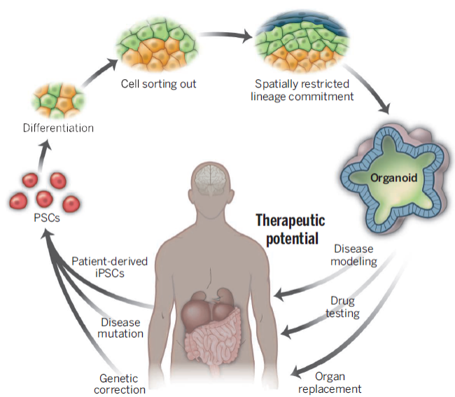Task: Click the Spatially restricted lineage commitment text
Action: click(301, 90)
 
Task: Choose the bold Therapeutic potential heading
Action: click(287, 229)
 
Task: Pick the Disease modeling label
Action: click(355, 256)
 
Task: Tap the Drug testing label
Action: click(345, 307)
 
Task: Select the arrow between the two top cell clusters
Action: click(223, 35)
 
